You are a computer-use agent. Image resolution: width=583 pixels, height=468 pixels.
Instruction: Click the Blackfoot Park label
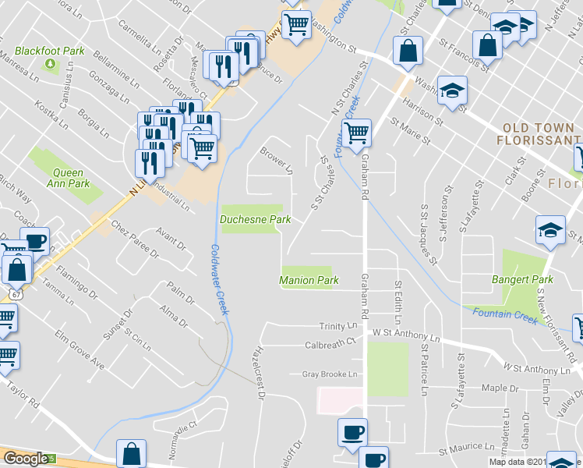(x=52, y=51)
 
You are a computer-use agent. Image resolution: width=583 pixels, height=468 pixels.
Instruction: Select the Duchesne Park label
(x=255, y=220)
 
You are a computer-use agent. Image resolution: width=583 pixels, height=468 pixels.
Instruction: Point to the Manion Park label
(x=309, y=280)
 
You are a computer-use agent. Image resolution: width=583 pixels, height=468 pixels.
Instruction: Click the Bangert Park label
(x=522, y=279)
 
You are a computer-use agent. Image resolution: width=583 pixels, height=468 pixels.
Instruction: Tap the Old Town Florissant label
(x=539, y=133)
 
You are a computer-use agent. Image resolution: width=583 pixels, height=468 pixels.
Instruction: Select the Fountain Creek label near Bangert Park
(x=504, y=316)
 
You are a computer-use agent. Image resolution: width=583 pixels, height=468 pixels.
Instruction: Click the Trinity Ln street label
(x=337, y=326)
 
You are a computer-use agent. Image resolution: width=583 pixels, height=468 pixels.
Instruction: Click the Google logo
(x=26, y=459)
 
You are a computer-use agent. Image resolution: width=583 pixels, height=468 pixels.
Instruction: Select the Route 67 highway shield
(x=16, y=293)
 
